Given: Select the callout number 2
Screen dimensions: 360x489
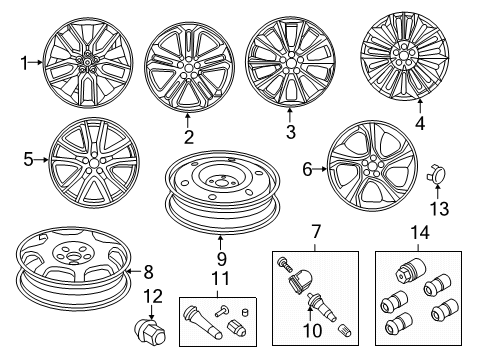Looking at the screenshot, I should point(188,136).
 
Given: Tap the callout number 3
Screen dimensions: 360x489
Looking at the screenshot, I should point(290,131).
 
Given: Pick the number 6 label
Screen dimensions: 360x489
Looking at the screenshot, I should point(308,170).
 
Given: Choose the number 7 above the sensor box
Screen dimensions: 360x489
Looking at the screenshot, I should point(315,232).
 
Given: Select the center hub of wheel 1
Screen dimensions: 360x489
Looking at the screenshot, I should point(88,63).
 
